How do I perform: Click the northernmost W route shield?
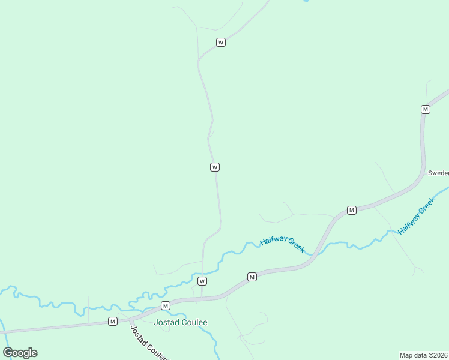pyautogui.click(x=221, y=43)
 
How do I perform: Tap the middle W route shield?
pyautogui.click(x=214, y=167)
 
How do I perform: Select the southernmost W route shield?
pyautogui.click(x=202, y=281)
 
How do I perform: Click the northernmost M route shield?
pyautogui.click(x=426, y=109)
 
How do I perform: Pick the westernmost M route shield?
pyautogui.click(x=112, y=322)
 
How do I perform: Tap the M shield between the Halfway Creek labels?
pyautogui.click(x=352, y=210)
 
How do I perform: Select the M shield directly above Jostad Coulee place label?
pyautogui.click(x=165, y=306)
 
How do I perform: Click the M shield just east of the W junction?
pyautogui.click(x=252, y=277)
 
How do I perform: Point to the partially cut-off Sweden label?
pyautogui.click(x=438, y=173)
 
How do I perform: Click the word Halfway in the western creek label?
pyautogui.click(x=273, y=240)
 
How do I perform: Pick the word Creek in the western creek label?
pyautogui.click(x=296, y=246)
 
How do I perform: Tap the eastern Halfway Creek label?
pyautogui.click(x=415, y=217)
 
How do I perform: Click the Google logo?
pyautogui.click(x=20, y=353)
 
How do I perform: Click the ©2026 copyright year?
pyautogui.click(x=439, y=355)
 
